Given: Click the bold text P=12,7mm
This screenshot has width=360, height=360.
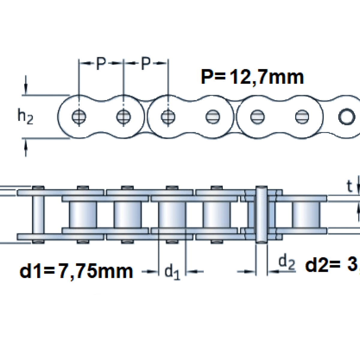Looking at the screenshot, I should click(x=252, y=77).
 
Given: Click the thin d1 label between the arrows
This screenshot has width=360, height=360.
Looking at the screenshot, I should click(x=172, y=272).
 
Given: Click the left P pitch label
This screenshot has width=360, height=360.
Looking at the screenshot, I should click(x=101, y=64).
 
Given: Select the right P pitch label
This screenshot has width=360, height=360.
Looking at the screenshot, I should click(x=145, y=64).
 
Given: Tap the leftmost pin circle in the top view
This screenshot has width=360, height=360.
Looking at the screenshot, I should click(x=79, y=116).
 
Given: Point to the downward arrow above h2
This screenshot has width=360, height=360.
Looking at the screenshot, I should click(x=26, y=85).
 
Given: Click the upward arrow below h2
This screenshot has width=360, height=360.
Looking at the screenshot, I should click(x=26, y=148).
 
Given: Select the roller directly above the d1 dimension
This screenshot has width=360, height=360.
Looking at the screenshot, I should click(x=172, y=214).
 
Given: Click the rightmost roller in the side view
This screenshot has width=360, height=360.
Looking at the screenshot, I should click(x=306, y=214).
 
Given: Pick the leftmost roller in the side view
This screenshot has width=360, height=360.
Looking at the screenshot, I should click(x=83, y=214).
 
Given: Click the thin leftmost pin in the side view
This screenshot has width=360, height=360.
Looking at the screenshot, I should click(x=38, y=214).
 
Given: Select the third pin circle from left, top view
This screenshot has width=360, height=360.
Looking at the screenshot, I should click(x=168, y=116).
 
